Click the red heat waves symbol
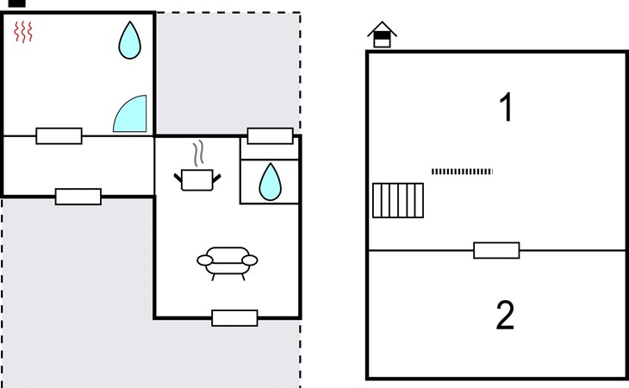(23, 32)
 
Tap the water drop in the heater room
(129, 41)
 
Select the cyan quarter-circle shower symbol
(130, 114)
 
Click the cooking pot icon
(197, 179)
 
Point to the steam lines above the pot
(198, 153)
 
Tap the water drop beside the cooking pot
(270, 182)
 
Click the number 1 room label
(507, 107)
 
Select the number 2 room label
(505, 316)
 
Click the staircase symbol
(398, 201)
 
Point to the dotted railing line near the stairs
(462, 172)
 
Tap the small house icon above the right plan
(382, 34)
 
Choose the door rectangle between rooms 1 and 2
(496, 250)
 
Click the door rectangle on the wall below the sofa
(234, 318)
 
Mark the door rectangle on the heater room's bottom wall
(59, 136)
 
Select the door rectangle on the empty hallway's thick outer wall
(78, 197)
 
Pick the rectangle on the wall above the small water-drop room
(270, 136)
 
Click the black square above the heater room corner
(17, 3)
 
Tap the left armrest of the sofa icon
(204, 260)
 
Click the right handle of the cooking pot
(216, 178)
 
